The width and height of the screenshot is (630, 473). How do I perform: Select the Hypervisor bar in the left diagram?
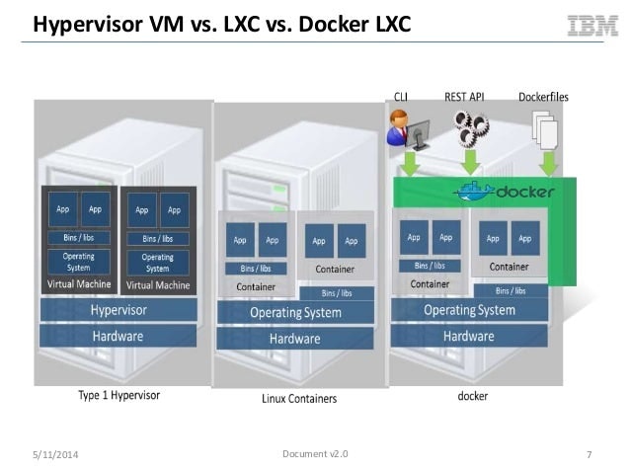pyautogui.click(x=118, y=310)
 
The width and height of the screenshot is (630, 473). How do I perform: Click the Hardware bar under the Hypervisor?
pyautogui.click(x=118, y=336)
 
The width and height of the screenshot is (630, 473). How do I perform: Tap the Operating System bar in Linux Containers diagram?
pyautogui.click(x=295, y=313)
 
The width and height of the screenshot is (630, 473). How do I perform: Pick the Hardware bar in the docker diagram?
pyautogui.click(x=468, y=336)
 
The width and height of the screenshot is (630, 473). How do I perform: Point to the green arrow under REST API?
pyautogui.click(x=471, y=162)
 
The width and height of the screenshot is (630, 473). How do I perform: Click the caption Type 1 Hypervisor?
pyautogui.click(x=118, y=396)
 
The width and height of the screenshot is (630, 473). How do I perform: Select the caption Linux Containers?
pyautogui.click(x=298, y=399)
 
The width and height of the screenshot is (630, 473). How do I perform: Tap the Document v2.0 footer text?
pyautogui.click(x=315, y=453)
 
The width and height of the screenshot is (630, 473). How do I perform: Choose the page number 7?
pyautogui.click(x=589, y=454)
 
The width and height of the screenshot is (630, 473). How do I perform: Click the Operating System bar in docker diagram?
pyautogui.click(x=469, y=310)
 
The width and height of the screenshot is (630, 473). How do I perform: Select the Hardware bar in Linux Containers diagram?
pyautogui.click(x=295, y=339)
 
